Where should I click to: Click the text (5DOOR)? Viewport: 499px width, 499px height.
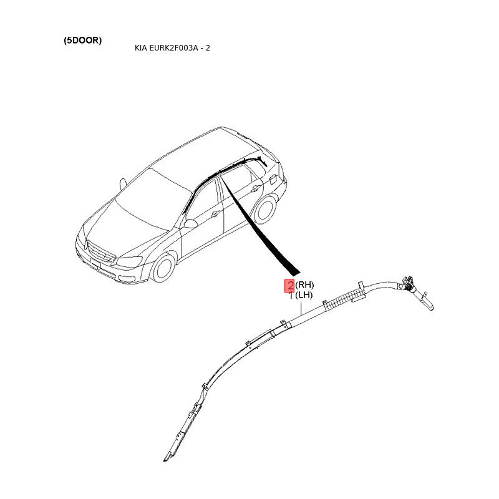tap(82, 41)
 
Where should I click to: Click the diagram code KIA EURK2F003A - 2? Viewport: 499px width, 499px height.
tap(172, 48)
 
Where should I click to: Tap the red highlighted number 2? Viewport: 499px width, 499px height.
tap(289, 286)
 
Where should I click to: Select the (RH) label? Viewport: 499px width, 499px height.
tap(304, 286)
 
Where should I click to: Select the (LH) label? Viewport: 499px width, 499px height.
tap(304, 295)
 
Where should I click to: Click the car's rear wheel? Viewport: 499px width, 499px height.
tap(265, 210)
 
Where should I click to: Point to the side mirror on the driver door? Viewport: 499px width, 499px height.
tap(191, 223)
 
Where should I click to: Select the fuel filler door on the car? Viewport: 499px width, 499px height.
tap(272, 179)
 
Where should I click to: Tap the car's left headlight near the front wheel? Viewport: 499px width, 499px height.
tap(130, 261)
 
